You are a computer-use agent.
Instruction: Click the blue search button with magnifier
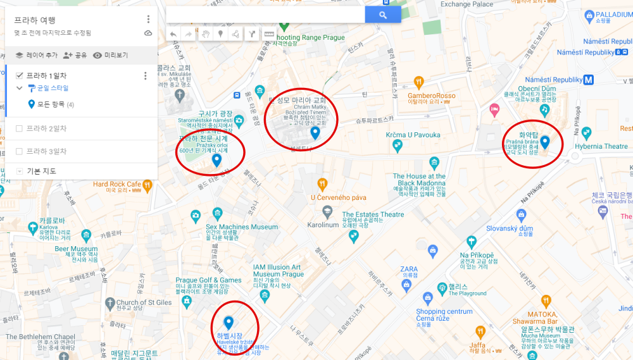tap(383, 15)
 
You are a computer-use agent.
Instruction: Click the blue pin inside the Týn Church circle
tap(315, 133)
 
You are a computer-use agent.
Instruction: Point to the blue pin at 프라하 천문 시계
tap(216, 160)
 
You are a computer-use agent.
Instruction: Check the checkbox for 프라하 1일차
tap(19, 76)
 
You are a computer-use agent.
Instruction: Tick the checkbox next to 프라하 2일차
tap(19, 128)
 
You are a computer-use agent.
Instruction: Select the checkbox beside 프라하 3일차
tap(19, 151)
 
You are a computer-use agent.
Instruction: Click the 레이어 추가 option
tap(36, 55)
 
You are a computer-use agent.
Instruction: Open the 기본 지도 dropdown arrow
tap(20, 171)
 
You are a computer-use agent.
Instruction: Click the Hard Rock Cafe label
tap(116, 184)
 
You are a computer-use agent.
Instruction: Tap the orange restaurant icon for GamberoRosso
tap(418, 82)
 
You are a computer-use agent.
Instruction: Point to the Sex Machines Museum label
tap(241, 227)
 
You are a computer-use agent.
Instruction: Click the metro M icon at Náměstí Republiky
tap(589, 80)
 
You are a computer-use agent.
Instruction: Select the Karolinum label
tap(323, 225)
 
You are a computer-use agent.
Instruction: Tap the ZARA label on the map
tap(409, 268)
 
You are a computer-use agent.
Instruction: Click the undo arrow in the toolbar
tap(173, 34)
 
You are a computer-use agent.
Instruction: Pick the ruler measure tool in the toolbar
tap(268, 34)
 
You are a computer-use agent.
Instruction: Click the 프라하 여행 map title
tap(35, 20)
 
